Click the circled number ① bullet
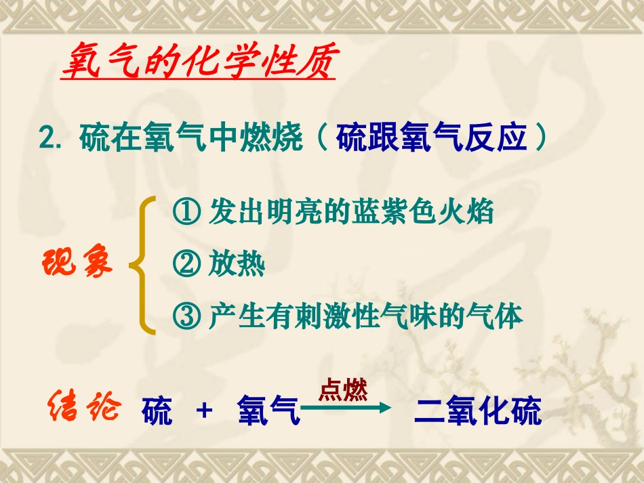(186, 213)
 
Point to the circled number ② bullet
(186, 266)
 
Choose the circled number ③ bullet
(186, 316)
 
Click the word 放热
(237, 266)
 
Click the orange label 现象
(79, 263)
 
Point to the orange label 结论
(84, 408)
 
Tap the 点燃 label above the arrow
(343, 391)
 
